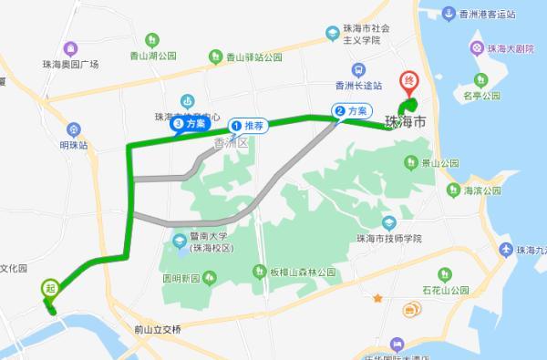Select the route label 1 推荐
coord(248,125)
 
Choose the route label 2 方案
coord(353,110)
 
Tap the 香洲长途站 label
coord(359,87)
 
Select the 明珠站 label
coord(74,144)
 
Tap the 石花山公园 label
coord(446,289)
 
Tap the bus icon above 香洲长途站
coord(359,69)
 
